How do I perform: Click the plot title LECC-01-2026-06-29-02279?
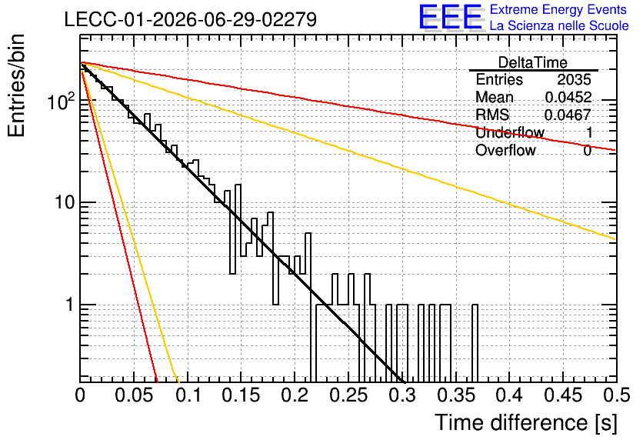click(191, 19)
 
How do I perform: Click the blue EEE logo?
click(450, 17)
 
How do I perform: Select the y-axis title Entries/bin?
click(16, 85)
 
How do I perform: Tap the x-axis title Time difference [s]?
click(526, 423)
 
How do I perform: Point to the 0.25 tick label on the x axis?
click(349, 395)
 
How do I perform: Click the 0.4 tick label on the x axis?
click(510, 395)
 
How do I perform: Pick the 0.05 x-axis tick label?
click(134, 395)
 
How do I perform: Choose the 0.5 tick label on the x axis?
click(617, 395)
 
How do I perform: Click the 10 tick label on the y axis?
click(65, 202)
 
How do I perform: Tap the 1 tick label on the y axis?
click(70, 305)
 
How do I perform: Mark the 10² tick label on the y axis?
click(61, 101)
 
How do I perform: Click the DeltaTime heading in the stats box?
click(533, 62)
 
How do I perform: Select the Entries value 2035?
click(574, 79)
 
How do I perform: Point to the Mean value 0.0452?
click(568, 97)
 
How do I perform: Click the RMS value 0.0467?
click(568, 115)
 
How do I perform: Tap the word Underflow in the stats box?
click(510, 132)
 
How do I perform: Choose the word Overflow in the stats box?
click(505, 150)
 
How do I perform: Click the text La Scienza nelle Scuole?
click(559, 25)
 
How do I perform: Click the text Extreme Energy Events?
click(558, 9)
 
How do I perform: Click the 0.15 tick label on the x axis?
click(242, 395)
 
